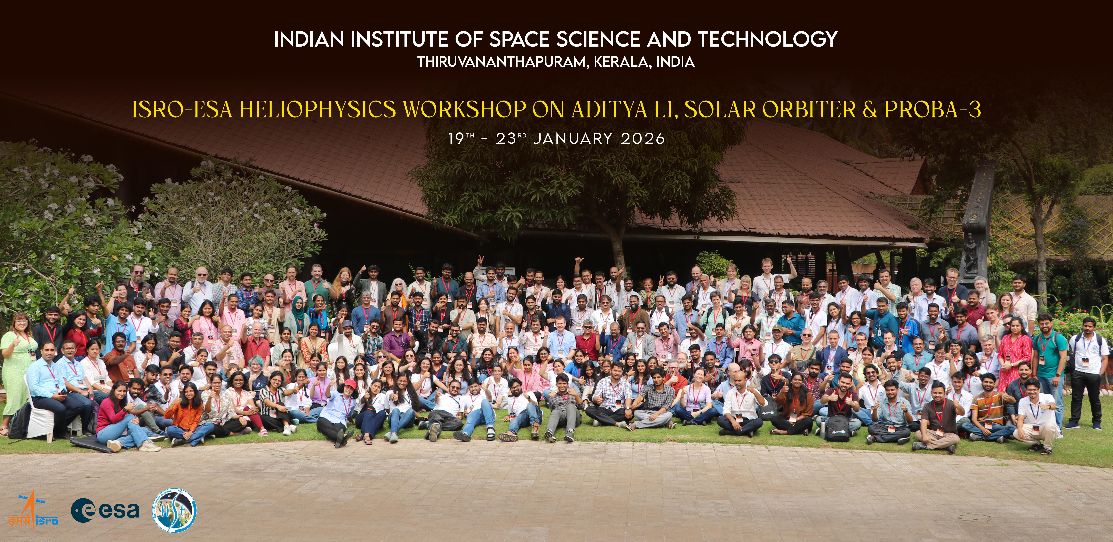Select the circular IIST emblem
coord(175,510)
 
